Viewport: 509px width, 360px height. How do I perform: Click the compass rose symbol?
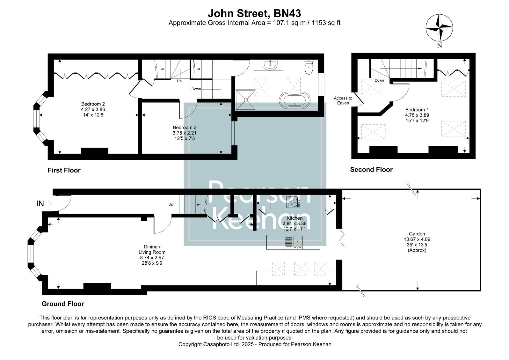[x=439, y=28]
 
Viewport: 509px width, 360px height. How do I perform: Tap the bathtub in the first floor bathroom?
[x=294, y=100]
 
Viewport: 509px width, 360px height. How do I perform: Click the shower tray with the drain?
[x=246, y=99]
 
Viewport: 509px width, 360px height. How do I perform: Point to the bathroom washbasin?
[x=270, y=65]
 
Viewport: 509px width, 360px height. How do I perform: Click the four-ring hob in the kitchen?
[x=293, y=202]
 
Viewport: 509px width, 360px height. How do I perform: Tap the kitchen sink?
[x=293, y=242]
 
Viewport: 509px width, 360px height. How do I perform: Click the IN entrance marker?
[x=40, y=203]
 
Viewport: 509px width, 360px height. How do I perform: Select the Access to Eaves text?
[x=343, y=100]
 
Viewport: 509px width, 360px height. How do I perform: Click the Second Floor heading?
[x=371, y=169]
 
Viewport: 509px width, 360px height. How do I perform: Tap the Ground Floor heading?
[x=63, y=304]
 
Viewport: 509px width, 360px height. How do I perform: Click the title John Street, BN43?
[x=254, y=13]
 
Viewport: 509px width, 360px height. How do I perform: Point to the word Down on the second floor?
[x=379, y=80]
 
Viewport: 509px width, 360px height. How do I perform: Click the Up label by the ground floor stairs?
[x=171, y=204]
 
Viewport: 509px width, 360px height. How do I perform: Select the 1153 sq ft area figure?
[x=326, y=23]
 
